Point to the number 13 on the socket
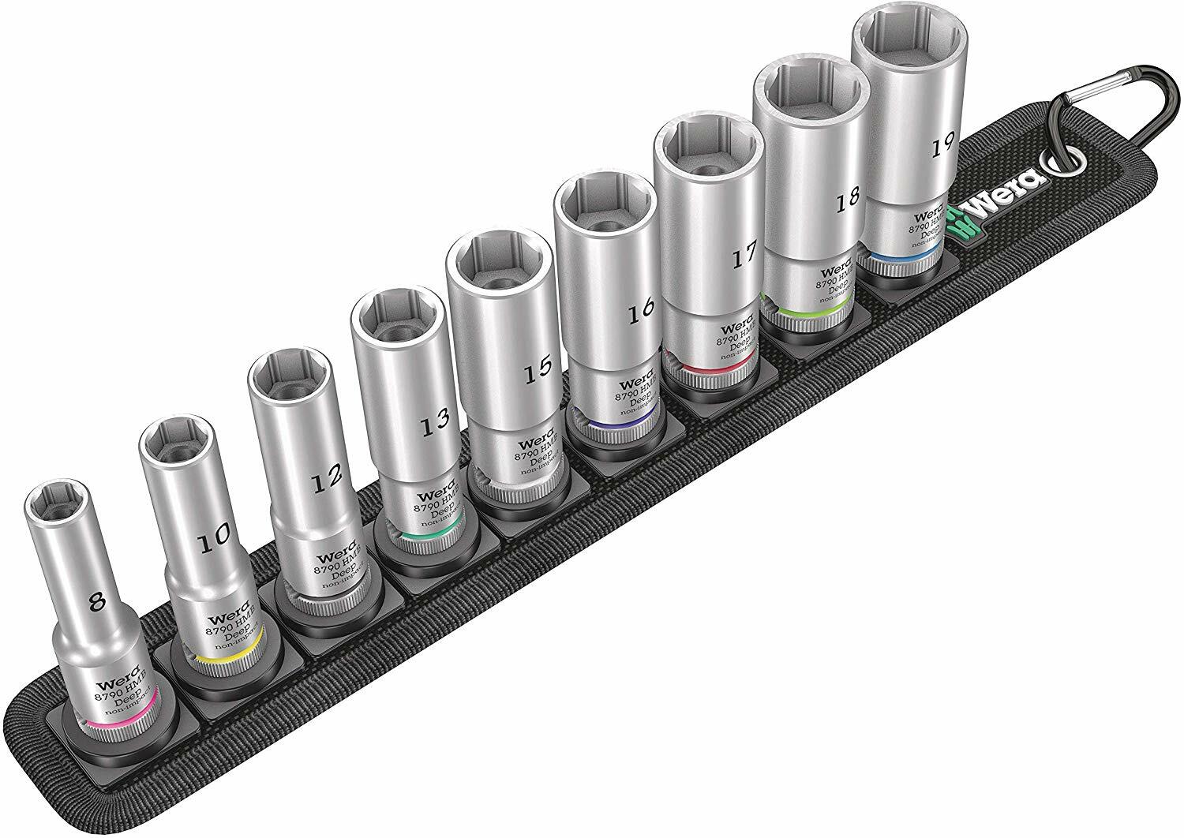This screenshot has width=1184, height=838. pyautogui.click(x=433, y=425)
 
